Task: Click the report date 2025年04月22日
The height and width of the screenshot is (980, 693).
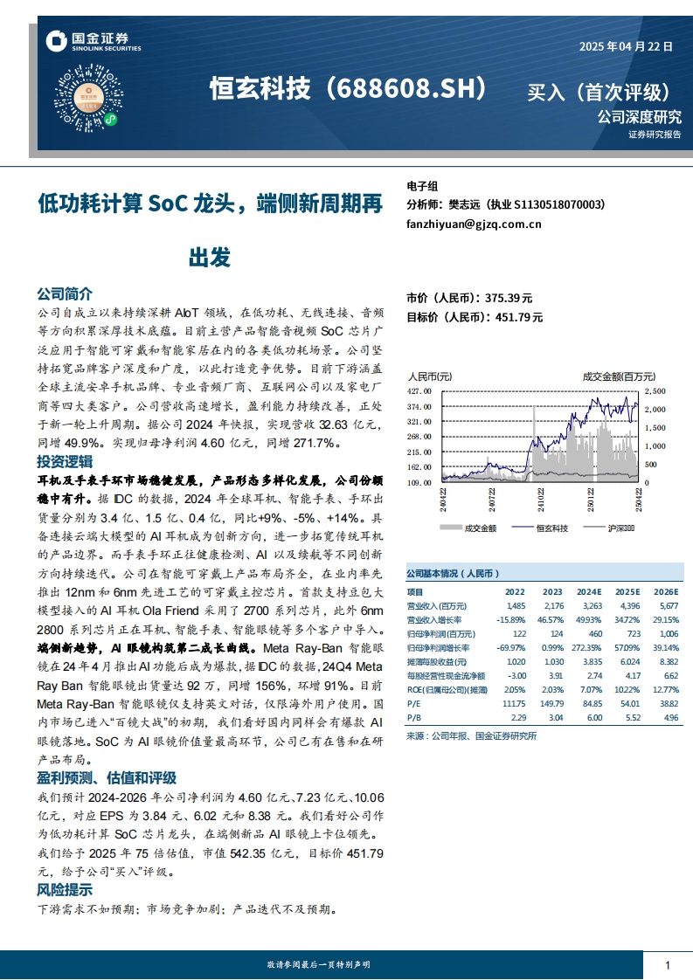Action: pyautogui.click(x=626, y=48)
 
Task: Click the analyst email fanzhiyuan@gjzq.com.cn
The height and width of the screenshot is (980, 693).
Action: pyautogui.click(x=474, y=224)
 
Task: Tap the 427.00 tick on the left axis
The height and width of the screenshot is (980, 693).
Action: pyautogui.click(x=419, y=391)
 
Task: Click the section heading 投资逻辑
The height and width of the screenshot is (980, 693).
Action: pyautogui.click(x=64, y=461)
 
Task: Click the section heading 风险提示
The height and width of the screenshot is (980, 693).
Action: pyautogui.click(x=64, y=891)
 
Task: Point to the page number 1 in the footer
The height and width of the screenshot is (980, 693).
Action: pyautogui.click(x=668, y=964)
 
